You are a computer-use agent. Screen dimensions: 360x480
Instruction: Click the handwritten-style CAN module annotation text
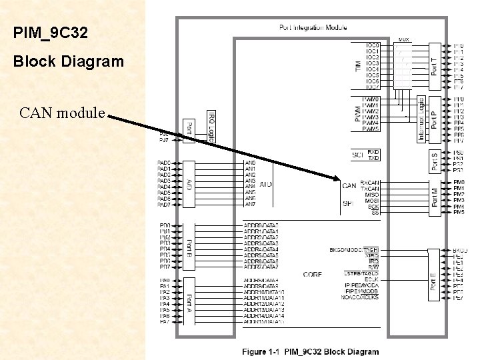63,112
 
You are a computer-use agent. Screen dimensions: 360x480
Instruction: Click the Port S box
435,161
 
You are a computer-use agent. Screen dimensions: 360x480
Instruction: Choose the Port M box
435,197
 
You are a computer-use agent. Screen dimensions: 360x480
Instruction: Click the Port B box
189,245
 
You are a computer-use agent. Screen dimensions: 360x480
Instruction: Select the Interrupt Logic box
421,119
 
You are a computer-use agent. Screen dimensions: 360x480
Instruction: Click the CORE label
312,274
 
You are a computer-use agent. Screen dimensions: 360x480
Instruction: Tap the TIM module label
358,66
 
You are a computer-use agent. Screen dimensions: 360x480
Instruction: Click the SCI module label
357,155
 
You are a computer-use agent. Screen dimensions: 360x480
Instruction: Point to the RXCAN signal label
370,182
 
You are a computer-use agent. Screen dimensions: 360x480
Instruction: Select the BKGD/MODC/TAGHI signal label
354,249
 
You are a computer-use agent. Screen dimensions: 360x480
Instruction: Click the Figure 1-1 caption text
310,351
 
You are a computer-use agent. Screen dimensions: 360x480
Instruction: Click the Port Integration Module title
312,27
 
